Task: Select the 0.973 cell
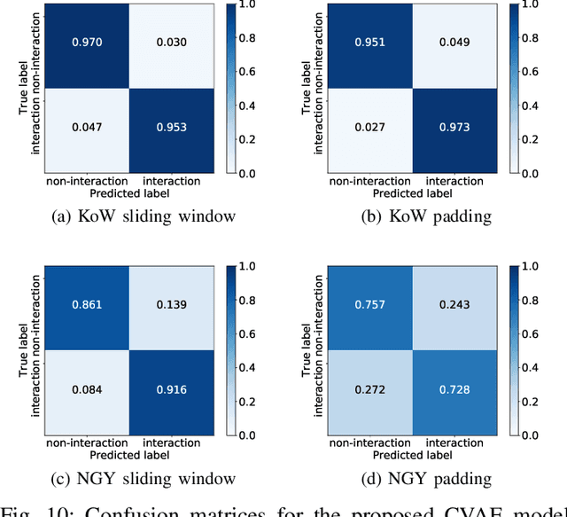click(x=454, y=128)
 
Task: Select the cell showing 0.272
click(x=369, y=390)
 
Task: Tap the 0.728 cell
click(x=454, y=390)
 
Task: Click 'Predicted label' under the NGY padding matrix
click(x=411, y=455)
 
